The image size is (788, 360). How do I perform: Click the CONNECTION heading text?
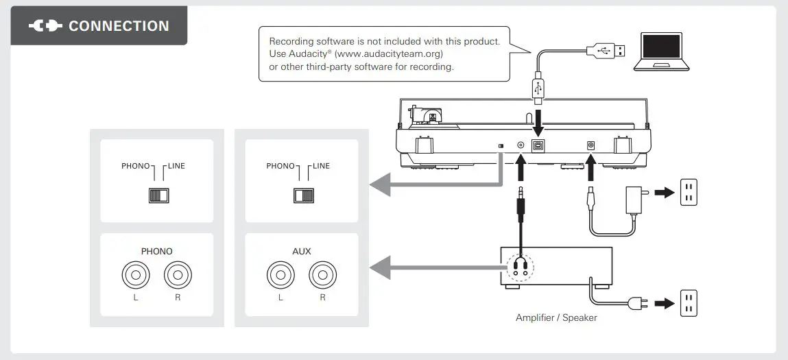pyautogui.click(x=119, y=26)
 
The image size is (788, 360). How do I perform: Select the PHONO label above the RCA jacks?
pyautogui.click(x=156, y=251)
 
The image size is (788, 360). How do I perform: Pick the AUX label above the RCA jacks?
pyautogui.click(x=301, y=251)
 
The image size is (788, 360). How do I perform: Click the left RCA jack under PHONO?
pyautogui.click(x=135, y=276)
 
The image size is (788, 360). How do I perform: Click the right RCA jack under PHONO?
pyautogui.click(x=178, y=276)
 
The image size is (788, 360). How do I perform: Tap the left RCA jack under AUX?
pyautogui.click(x=280, y=276)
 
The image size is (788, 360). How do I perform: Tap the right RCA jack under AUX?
pyautogui.click(x=322, y=276)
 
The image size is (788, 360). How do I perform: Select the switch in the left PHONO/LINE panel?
pyautogui.click(x=158, y=195)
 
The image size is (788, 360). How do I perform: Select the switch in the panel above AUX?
pyautogui.click(x=303, y=195)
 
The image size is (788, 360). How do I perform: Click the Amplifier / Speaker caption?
pyautogui.click(x=556, y=317)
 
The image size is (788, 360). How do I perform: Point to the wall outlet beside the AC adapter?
pyautogui.click(x=688, y=193)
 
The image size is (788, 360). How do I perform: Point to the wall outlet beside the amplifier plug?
pyautogui.click(x=688, y=303)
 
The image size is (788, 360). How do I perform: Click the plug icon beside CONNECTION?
pyautogui.click(x=45, y=26)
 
